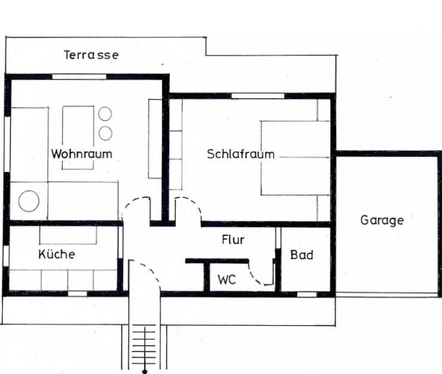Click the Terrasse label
91,55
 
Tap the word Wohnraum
82,154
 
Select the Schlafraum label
241,154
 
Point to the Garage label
382,220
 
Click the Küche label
57,254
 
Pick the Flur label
233,240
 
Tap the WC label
226,280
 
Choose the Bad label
302,255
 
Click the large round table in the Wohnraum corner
29,201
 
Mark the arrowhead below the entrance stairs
145,372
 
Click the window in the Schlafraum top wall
257,96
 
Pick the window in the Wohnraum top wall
79,76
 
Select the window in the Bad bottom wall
307,294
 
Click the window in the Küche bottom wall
78,293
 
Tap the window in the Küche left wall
6,256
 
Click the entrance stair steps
145,347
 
